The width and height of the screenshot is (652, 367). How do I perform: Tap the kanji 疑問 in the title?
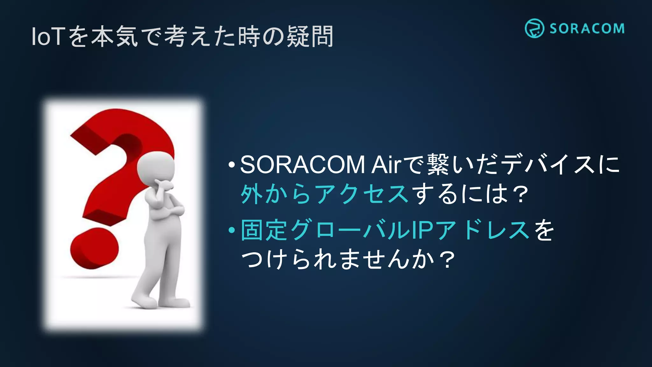[310, 37]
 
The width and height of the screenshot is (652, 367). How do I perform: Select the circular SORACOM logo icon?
[534, 28]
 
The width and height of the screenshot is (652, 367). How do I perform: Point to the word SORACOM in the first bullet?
[302, 165]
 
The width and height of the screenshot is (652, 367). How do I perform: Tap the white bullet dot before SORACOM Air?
[232, 165]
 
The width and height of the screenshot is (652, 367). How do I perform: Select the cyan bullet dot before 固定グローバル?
[232, 230]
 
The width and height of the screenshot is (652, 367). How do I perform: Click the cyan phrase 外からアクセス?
[324, 194]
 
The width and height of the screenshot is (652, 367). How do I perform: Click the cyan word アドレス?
[483, 230]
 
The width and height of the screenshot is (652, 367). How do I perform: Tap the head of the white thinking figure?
[156, 167]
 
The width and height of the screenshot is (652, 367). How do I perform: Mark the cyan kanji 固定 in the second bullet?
[265, 230]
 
